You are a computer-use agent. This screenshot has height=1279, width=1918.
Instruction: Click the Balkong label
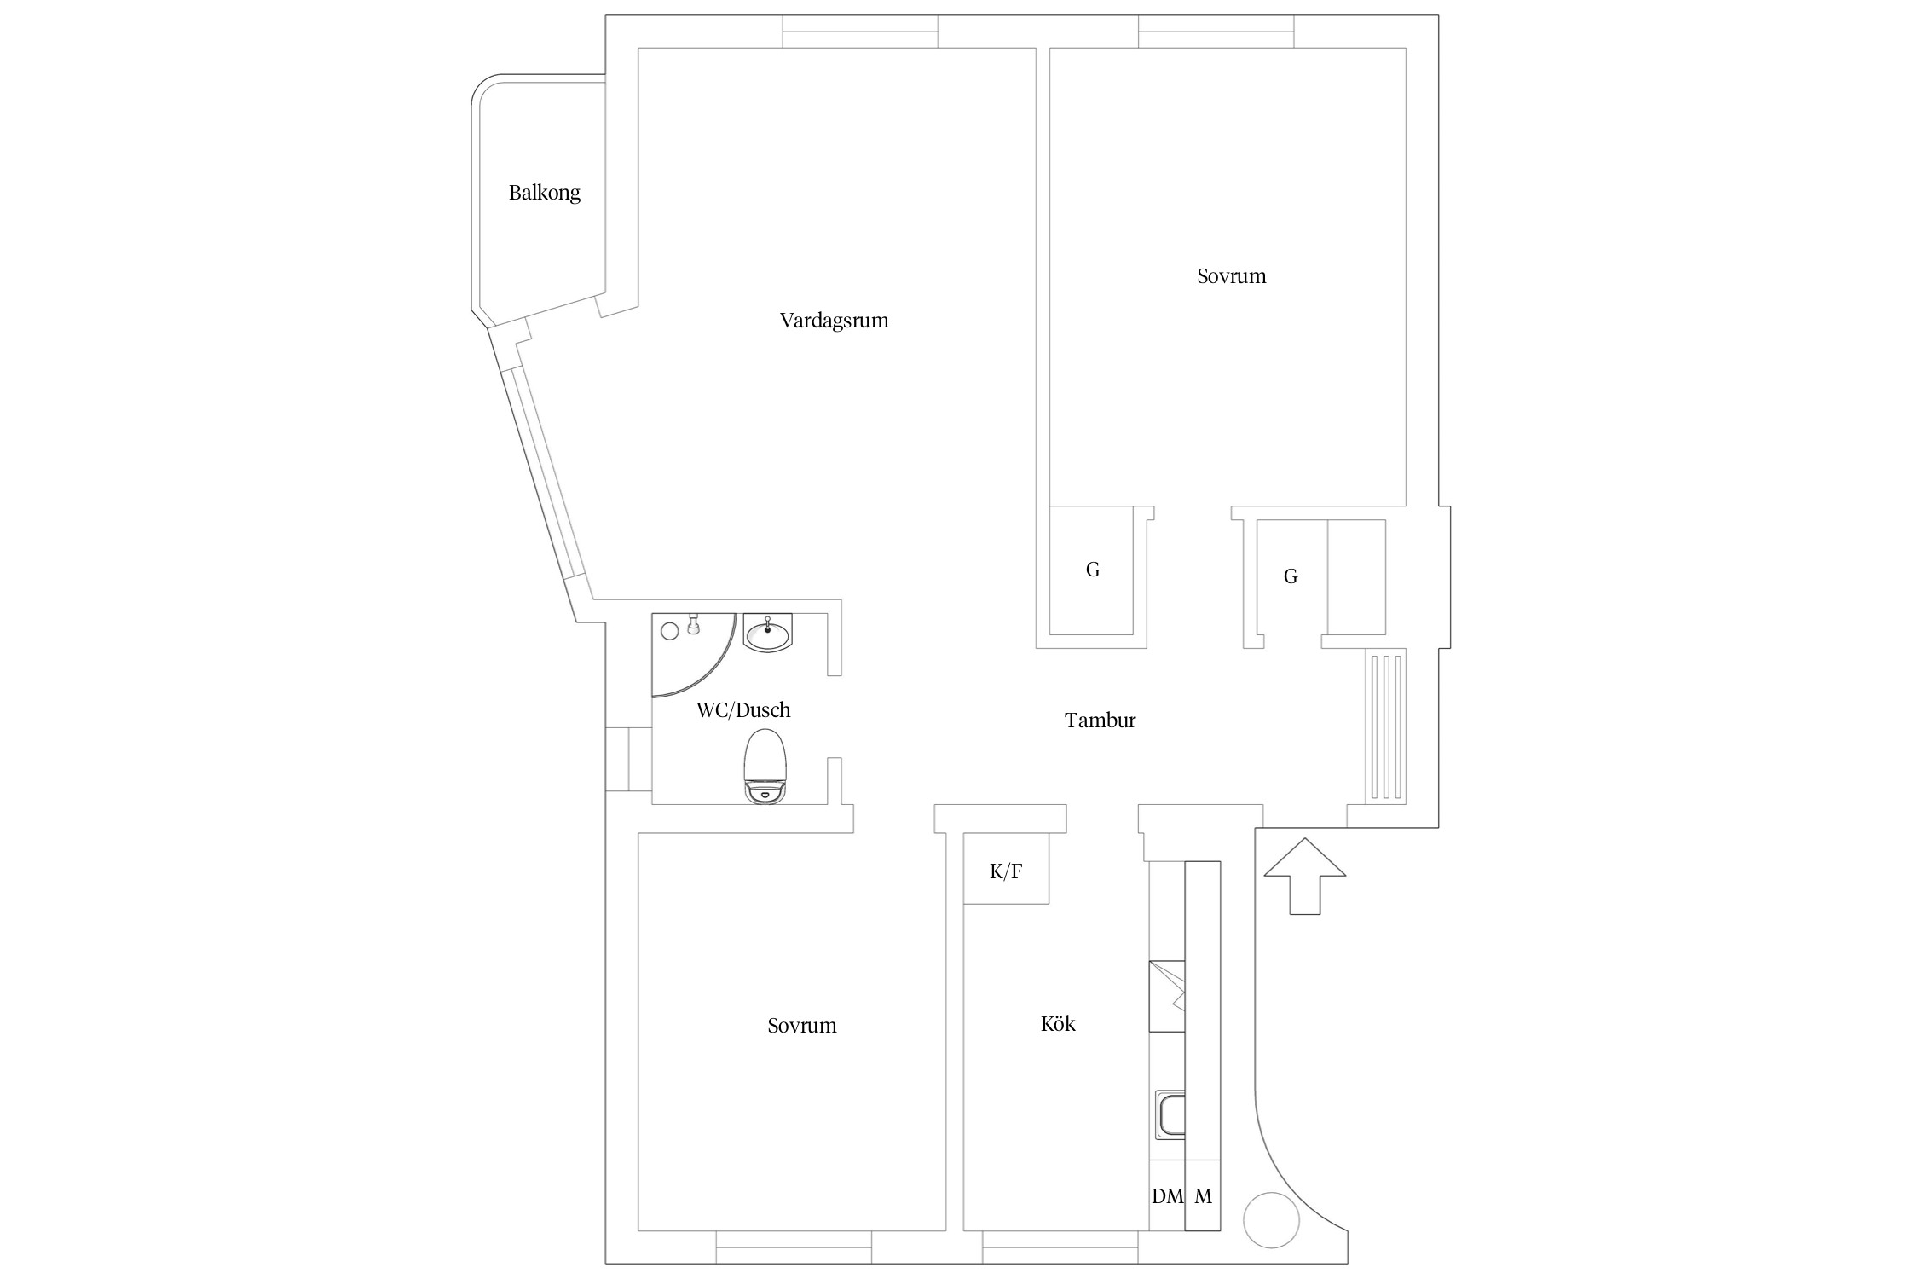click(x=544, y=193)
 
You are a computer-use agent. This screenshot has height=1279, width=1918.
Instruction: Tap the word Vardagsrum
click(x=834, y=321)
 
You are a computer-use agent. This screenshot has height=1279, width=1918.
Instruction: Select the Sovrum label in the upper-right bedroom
click(x=1231, y=276)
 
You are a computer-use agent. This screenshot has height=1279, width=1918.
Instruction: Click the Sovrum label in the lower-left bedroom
click(x=801, y=1026)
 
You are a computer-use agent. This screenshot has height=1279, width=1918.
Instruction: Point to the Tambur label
click(x=1100, y=721)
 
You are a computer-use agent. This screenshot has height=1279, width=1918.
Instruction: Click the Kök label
click(x=1058, y=1024)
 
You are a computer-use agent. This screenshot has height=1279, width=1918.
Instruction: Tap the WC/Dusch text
click(x=743, y=710)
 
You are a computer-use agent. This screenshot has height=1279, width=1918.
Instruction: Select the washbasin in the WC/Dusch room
click(x=768, y=633)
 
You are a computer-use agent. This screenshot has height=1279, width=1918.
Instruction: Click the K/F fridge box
click(x=1006, y=871)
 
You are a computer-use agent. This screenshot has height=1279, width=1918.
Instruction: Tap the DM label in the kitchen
click(x=1167, y=1196)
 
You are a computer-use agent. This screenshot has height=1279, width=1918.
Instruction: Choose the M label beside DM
click(x=1203, y=1196)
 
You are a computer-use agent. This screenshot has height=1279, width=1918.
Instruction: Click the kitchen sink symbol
click(x=1170, y=1114)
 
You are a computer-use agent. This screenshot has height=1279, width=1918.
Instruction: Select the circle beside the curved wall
click(x=1271, y=1221)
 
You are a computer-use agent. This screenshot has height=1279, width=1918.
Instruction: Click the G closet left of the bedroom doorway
click(x=1092, y=570)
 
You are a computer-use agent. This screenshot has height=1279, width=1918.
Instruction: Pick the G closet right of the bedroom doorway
click(x=1291, y=577)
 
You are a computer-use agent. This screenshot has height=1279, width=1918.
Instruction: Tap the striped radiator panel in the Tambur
click(x=1386, y=726)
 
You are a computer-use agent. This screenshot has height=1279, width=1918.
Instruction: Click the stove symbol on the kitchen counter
click(x=1167, y=996)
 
